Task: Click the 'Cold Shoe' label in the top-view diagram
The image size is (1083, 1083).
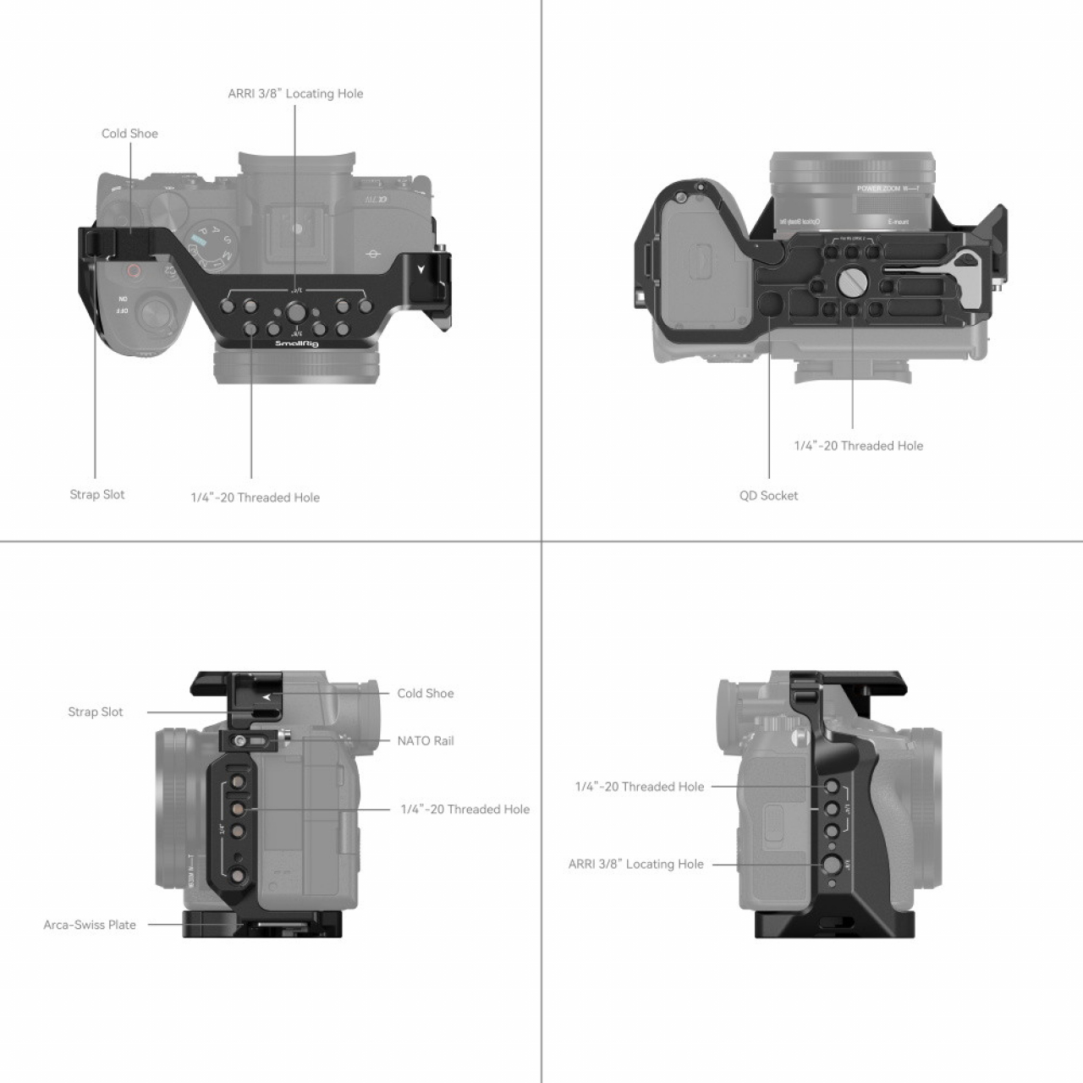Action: coord(129,134)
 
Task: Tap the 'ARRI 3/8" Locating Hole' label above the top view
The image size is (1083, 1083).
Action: coord(295,94)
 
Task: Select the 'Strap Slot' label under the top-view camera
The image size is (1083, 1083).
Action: coord(96,495)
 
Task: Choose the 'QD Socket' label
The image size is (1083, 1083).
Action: coord(768,496)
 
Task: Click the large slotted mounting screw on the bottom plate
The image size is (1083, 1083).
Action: coord(849,279)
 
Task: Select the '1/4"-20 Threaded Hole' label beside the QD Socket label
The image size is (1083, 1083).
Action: coord(858,446)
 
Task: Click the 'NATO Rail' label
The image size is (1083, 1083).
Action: coord(426,741)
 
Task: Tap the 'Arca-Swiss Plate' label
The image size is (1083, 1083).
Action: coord(90,925)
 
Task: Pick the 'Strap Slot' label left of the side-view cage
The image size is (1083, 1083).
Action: coord(96,712)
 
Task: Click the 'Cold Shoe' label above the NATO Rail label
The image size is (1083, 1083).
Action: coord(426,694)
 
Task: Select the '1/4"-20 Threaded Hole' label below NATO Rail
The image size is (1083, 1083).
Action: coord(465,810)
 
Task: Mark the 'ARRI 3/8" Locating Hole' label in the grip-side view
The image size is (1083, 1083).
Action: coord(636,864)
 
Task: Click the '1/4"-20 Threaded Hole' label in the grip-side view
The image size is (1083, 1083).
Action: coord(640,787)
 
